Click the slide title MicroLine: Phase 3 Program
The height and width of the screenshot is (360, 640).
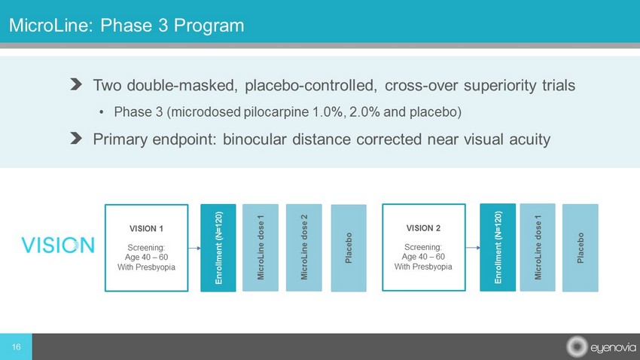click(x=126, y=26)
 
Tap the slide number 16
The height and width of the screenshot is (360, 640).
click(x=16, y=347)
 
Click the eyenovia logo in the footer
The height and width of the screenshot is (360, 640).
click(x=601, y=347)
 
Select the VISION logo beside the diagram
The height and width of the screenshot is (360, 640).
click(x=58, y=245)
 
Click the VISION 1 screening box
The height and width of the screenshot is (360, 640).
click(x=147, y=248)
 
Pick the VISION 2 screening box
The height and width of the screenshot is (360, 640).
click(x=424, y=247)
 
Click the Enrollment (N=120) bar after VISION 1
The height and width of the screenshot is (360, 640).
click(x=218, y=248)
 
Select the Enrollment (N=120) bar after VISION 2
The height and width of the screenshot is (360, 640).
click(x=498, y=247)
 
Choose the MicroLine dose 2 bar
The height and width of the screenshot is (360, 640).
click(x=303, y=248)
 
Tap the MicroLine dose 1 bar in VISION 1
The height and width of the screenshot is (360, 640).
click(x=261, y=248)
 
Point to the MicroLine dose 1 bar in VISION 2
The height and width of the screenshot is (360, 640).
click(x=538, y=247)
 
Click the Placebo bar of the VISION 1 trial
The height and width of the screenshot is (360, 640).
click(x=349, y=249)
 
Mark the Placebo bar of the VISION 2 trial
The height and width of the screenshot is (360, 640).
click(x=581, y=248)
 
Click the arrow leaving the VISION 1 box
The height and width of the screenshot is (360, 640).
click(x=194, y=248)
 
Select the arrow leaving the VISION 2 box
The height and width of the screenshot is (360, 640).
click(x=473, y=247)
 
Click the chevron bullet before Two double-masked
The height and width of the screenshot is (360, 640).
click(x=76, y=84)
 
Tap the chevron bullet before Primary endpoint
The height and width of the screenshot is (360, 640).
click(x=76, y=139)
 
